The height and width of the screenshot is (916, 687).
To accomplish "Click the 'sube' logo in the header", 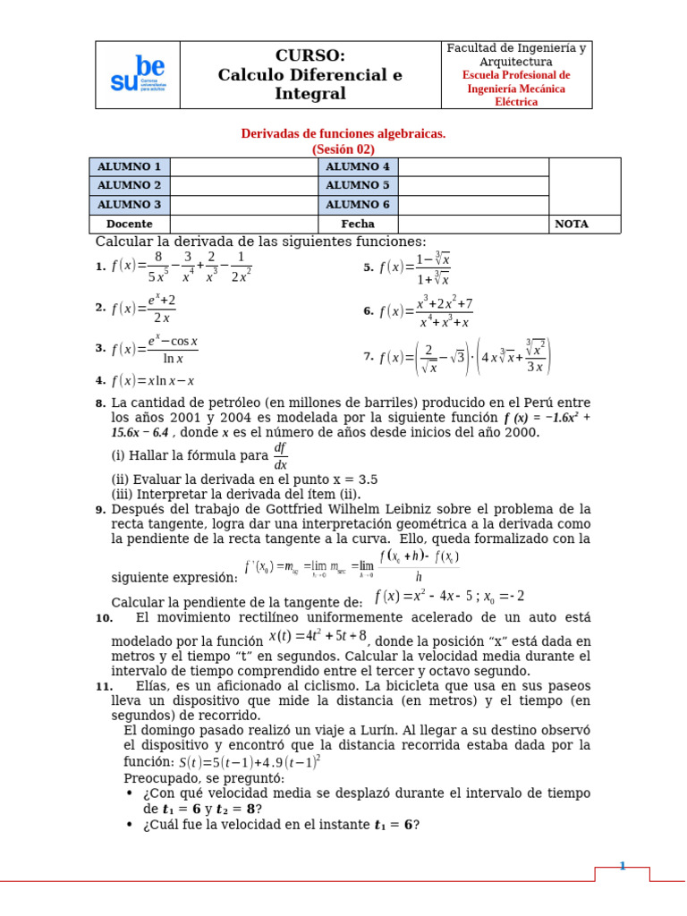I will pyautogui.click(x=138, y=75).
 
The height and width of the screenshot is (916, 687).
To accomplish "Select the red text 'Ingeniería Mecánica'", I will pyautogui.click(x=516, y=89).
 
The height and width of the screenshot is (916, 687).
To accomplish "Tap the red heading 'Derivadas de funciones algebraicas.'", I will pyautogui.click(x=343, y=133).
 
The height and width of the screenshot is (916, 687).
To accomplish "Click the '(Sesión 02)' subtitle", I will pyautogui.click(x=343, y=149).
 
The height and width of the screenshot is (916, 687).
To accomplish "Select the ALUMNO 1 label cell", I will pyautogui.click(x=129, y=166).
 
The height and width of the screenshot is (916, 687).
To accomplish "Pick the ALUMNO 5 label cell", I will pyautogui.click(x=357, y=185).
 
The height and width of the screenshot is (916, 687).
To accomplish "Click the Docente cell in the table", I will pyautogui.click(x=129, y=224).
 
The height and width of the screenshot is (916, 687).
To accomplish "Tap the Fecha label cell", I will pyautogui.click(x=357, y=224).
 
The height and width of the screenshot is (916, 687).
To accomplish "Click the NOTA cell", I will pyautogui.click(x=572, y=224).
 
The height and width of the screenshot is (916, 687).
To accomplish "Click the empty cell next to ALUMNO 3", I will pyautogui.click(x=243, y=205).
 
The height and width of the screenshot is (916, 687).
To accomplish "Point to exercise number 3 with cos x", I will pyautogui.click(x=154, y=350).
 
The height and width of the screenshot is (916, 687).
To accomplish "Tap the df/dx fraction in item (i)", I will pyautogui.click(x=280, y=455).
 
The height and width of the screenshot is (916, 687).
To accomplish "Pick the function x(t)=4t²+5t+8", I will pyautogui.click(x=318, y=636).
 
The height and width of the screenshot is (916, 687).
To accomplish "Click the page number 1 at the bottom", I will pyautogui.click(x=623, y=866).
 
